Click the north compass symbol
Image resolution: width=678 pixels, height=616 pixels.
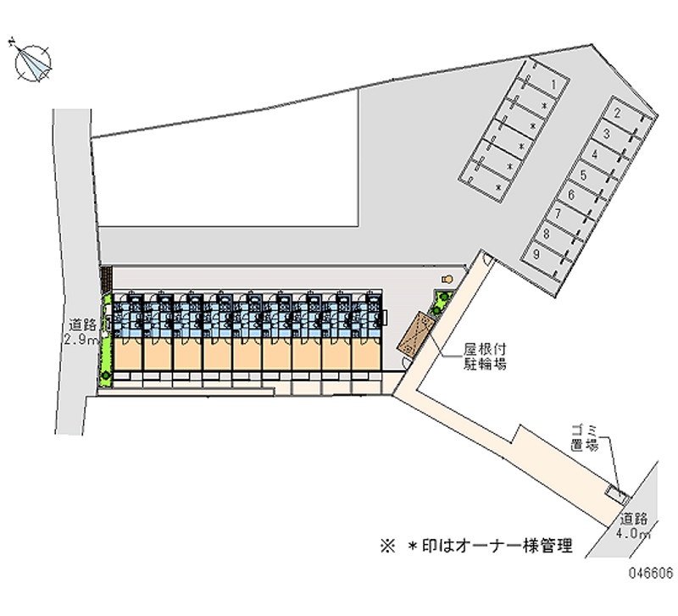pyautogui.click(x=32, y=63)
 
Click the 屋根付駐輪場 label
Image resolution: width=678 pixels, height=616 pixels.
pyautogui.click(x=485, y=357)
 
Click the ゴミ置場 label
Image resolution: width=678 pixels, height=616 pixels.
pyautogui.click(x=585, y=438)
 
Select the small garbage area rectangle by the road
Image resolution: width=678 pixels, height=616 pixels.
pyautogui.click(x=618, y=494)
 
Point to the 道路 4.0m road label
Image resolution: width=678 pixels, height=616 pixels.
pyautogui.click(x=633, y=525)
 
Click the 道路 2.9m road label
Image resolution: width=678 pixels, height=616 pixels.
pyautogui.click(x=82, y=331)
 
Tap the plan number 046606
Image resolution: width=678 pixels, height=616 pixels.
pyautogui.click(x=651, y=573)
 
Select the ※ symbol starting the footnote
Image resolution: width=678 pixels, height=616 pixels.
pyautogui.click(x=388, y=546)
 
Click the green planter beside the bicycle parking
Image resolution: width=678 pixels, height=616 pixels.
pyautogui.click(x=441, y=303)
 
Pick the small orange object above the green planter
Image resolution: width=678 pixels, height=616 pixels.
pyautogui.click(x=447, y=280)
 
